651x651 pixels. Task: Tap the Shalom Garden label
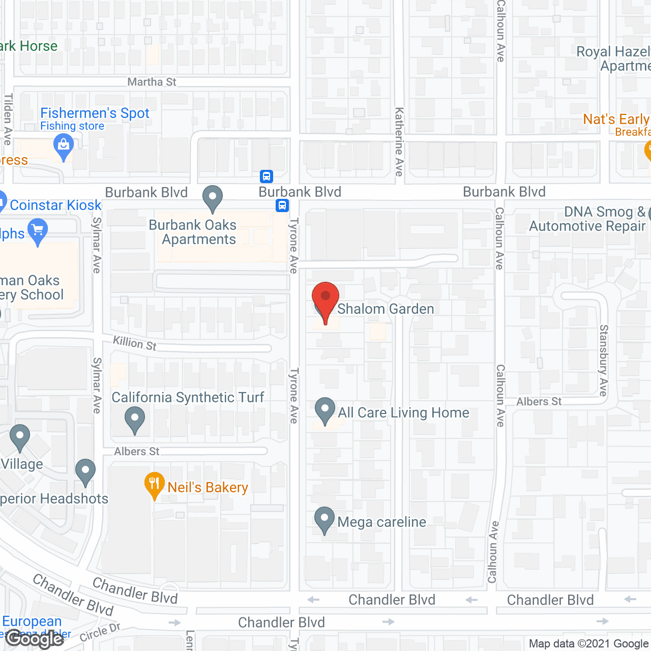coord(386,309)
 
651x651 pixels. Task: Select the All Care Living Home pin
coord(324,410)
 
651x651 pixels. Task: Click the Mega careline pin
coord(324,519)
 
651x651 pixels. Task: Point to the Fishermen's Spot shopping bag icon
coord(64,146)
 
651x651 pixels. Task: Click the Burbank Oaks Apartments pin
coord(213,198)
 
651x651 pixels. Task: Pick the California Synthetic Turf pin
coord(135,420)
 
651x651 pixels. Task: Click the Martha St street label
coord(152,82)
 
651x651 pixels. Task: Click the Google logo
coord(35,639)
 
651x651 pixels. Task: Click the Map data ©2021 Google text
coord(588,644)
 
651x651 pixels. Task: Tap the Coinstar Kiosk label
coord(55,205)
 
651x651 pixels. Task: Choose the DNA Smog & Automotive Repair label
coord(587,219)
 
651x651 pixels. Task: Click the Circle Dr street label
coord(100,632)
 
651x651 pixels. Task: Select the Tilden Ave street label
coord(8,119)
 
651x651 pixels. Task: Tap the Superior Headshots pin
coord(85,471)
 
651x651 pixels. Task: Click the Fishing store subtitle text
coord(72,126)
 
